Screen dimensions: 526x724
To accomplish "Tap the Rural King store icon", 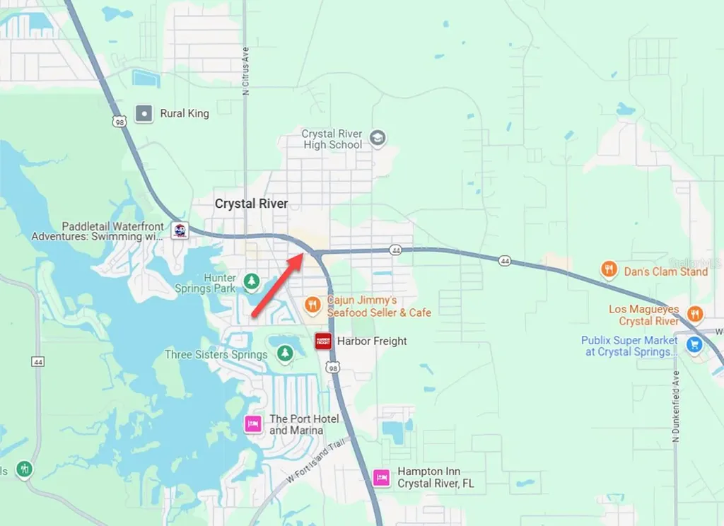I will [144, 113].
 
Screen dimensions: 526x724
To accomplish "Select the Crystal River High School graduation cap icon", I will [378, 138].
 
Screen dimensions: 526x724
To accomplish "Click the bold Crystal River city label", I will [252, 204].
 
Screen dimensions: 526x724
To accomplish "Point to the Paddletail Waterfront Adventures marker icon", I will [180, 230].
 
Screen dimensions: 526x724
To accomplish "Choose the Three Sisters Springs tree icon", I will [284, 353].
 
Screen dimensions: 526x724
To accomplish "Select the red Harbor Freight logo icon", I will [323, 341].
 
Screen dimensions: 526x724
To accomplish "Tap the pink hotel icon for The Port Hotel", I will [253, 424].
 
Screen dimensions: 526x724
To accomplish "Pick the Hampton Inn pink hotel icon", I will [382, 477].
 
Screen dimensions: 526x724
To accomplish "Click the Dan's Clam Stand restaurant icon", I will [609, 270].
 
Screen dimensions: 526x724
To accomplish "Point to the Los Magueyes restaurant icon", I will [695, 315].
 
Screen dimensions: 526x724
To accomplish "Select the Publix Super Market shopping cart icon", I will [695, 345].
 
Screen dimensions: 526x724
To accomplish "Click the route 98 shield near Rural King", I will [118, 122].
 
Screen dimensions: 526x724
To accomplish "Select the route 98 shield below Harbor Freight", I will [332, 367].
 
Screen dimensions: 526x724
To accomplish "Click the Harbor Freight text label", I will [372, 341].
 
